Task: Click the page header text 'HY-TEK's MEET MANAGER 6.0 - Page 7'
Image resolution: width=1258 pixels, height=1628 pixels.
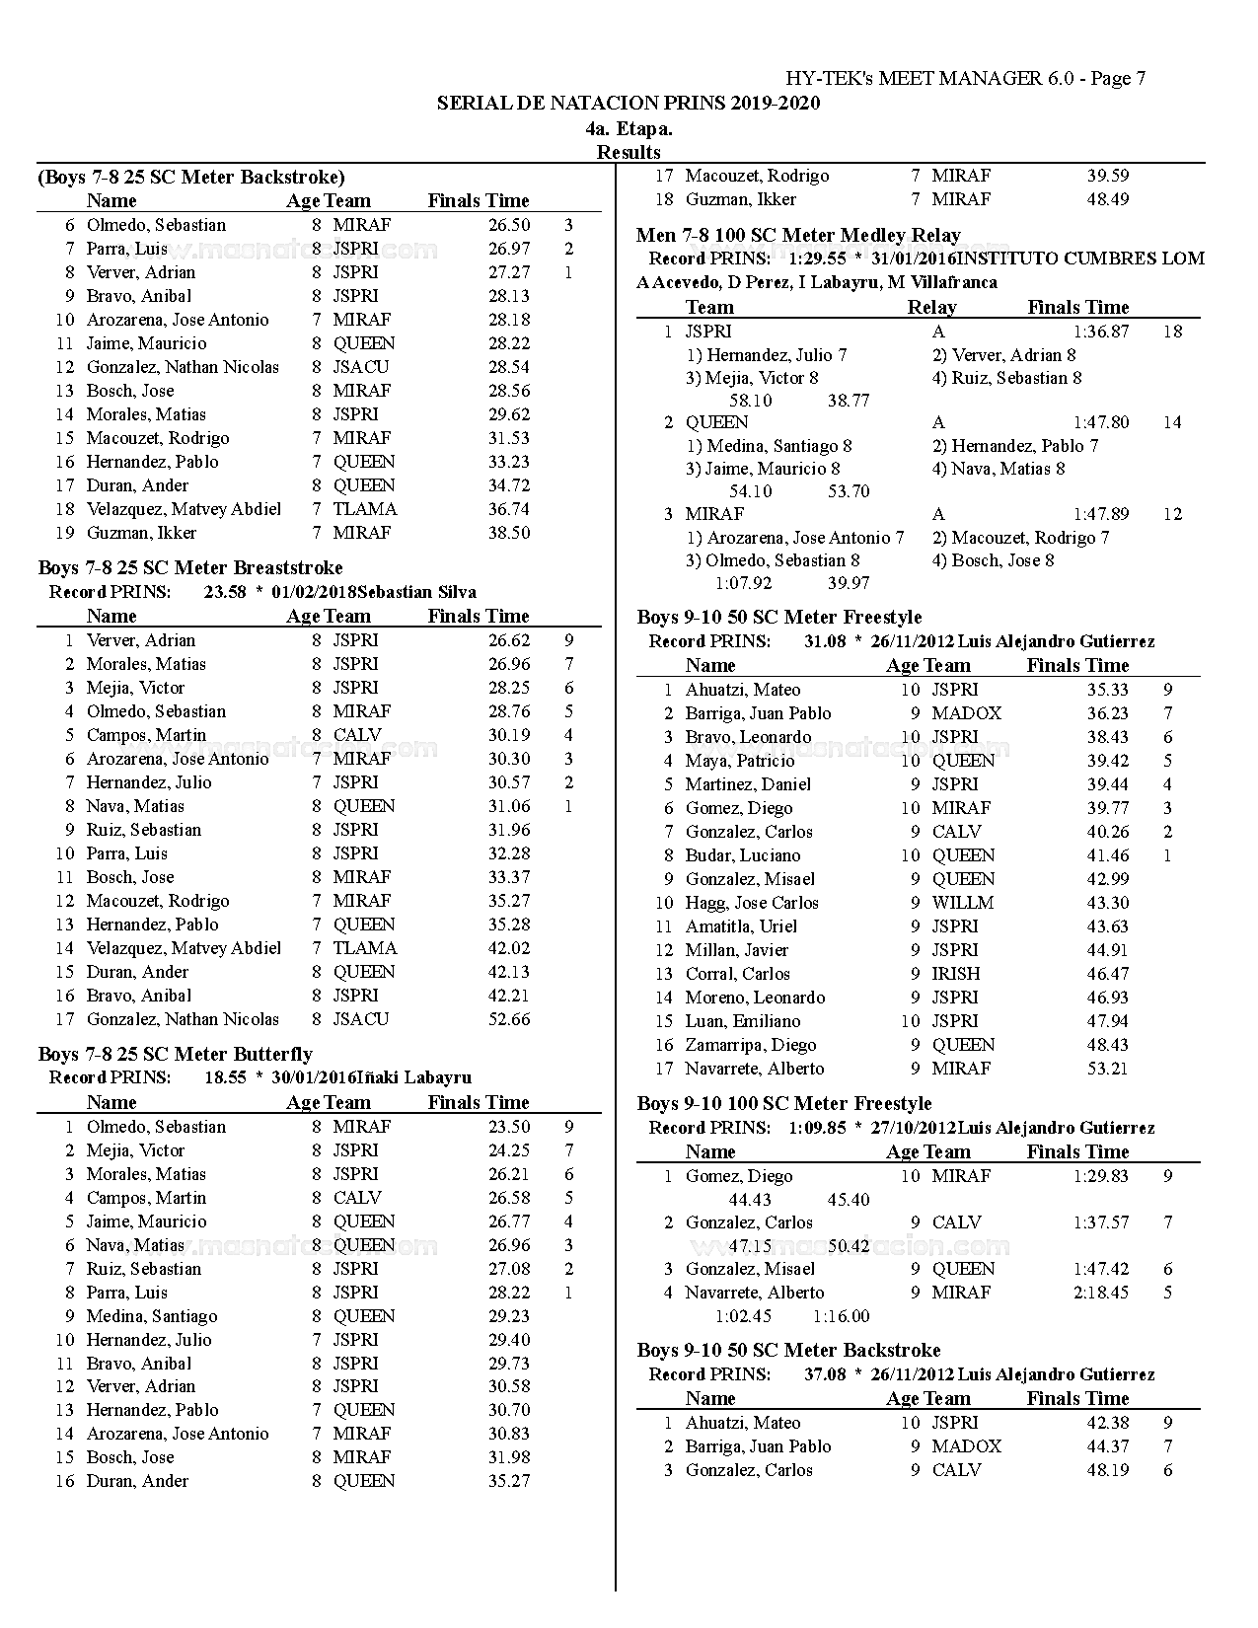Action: point(965,79)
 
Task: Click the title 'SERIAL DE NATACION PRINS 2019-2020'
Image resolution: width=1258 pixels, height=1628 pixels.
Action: point(629,104)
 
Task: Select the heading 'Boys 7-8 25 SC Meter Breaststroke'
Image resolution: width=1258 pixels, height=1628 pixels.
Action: point(190,568)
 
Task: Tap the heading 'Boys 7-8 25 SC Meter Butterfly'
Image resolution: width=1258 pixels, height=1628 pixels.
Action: point(176,1055)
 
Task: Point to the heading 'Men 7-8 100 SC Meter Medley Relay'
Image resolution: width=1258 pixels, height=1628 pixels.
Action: point(798,236)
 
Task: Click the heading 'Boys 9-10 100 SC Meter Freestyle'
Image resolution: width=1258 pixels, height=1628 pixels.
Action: point(784,1104)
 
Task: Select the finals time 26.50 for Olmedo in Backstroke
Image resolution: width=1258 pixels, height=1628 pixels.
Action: point(509,225)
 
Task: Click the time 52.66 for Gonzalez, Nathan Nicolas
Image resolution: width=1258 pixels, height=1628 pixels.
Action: point(509,1019)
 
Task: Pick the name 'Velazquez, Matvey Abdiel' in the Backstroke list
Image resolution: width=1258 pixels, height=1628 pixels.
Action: point(184,509)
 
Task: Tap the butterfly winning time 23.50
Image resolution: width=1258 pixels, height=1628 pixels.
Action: point(509,1127)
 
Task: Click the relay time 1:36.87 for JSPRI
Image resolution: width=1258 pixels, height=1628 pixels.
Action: point(1101,332)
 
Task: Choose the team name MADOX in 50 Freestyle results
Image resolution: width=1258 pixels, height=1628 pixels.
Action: point(967,713)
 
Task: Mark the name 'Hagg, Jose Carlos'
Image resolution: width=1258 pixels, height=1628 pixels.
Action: point(752,903)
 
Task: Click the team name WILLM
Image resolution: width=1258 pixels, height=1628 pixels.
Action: point(963,903)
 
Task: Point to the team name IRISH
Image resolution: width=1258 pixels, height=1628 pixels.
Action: point(956,974)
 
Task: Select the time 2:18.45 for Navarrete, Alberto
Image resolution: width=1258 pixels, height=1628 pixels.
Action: point(1101,1293)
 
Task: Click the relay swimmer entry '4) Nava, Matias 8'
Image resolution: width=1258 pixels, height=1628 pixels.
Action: point(999,469)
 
